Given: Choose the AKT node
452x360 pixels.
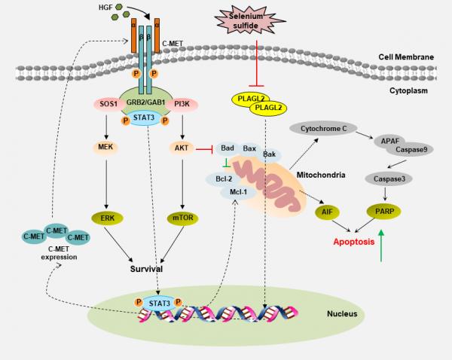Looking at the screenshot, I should tap(182, 150).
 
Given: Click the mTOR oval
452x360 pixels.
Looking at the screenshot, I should tap(182, 218).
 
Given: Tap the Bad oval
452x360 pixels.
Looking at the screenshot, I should tap(227, 150).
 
